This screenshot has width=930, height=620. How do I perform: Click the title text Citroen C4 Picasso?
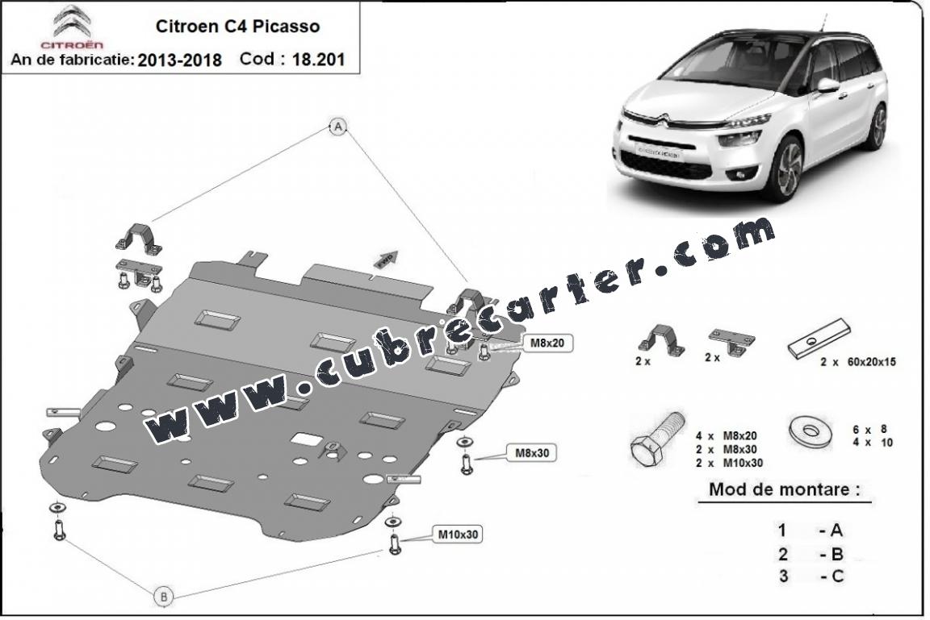click(238, 26)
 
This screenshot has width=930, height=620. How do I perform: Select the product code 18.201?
click(319, 59)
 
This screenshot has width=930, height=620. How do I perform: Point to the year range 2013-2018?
click(180, 60)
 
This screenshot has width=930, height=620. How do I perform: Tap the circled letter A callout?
click(338, 126)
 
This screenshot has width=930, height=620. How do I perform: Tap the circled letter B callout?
click(164, 597)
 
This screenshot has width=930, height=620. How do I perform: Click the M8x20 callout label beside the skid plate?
click(547, 343)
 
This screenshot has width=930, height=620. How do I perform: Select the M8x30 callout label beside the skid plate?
click(531, 453)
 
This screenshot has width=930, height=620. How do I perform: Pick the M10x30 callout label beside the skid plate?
click(457, 535)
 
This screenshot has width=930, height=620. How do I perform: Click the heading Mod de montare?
click(784, 489)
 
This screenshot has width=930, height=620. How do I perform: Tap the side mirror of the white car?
click(828, 85)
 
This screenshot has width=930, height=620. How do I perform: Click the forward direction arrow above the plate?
click(386, 259)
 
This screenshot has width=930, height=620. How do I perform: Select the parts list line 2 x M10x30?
click(730, 463)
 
